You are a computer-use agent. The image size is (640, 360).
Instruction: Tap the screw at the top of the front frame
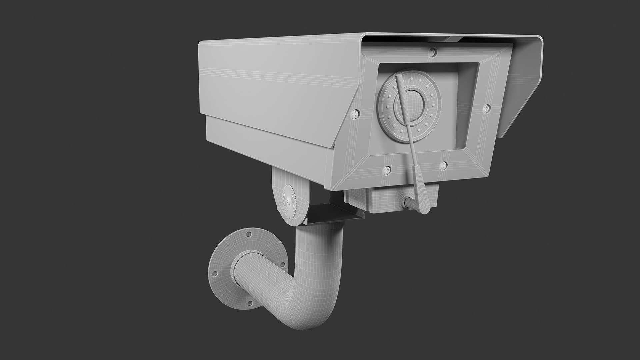(433, 51)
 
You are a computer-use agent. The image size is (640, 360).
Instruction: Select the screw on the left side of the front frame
(355, 114)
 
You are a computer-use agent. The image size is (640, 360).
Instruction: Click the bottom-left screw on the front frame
(387, 170)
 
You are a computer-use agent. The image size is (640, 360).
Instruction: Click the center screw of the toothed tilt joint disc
(288, 201)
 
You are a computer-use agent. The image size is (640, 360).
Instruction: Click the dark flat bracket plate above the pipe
(333, 213)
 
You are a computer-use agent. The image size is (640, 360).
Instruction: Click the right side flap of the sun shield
(520, 90)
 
